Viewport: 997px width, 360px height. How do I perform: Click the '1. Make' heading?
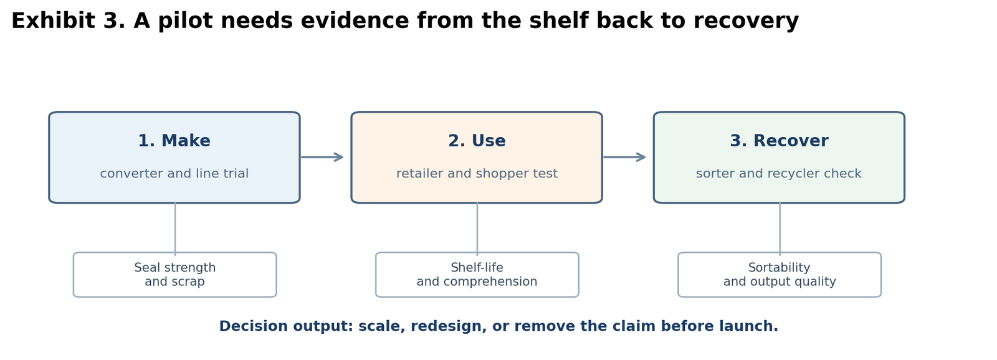tap(174, 141)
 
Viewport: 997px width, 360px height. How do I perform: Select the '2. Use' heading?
tap(477, 141)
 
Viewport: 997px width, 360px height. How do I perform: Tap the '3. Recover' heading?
tap(779, 141)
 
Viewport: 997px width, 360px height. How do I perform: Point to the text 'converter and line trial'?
tap(174, 174)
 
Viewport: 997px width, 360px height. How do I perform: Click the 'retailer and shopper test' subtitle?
tap(477, 174)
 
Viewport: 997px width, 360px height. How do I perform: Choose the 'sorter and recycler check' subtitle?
tap(779, 174)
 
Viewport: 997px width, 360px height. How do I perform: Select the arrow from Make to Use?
tap(322, 157)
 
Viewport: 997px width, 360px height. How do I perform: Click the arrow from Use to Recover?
tap(624, 157)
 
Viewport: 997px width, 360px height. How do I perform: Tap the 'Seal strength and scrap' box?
tap(175, 275)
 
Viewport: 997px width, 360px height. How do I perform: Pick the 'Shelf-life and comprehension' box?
tap(477, 275)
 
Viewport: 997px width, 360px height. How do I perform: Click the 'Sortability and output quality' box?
tap(780, 275)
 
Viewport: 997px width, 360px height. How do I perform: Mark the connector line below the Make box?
tap(175, 229)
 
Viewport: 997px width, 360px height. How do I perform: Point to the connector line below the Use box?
tap(477, 229)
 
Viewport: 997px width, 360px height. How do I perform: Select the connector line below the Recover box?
tap(780, 229)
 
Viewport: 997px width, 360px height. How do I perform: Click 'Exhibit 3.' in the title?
tap(69, 21)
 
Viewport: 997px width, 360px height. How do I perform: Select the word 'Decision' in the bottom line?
tap(253, 326)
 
